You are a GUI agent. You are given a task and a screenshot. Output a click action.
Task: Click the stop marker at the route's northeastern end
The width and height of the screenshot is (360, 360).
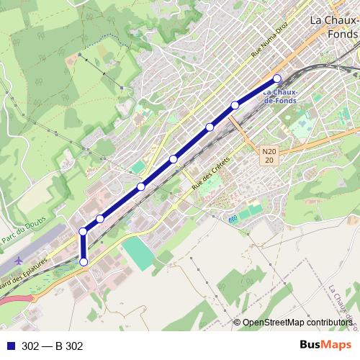[x=277, y=78]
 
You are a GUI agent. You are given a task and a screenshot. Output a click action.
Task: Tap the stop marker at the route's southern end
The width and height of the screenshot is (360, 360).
[x=84, y=262]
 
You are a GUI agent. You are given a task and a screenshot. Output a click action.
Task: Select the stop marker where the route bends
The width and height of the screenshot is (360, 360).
[x=84, y=231]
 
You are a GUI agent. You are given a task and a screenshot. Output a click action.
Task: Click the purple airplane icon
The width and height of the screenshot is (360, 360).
[x=17, y=260]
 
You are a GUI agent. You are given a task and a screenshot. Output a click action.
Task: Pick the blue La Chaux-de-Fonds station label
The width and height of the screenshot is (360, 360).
[x=281, y=96]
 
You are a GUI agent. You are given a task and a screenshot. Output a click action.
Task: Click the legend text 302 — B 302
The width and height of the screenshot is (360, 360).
[x=52, y=346]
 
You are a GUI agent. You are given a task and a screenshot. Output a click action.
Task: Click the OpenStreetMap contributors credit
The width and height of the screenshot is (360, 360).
[x=297, y=323]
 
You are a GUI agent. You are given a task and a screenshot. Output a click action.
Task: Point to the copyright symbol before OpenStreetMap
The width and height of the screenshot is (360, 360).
[x=237, y=323]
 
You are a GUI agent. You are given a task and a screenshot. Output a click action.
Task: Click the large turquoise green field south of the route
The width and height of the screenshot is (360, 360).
[x=138, y=253]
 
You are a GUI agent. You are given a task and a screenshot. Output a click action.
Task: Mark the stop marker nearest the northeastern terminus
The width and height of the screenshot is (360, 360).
[x=235, y=106]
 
